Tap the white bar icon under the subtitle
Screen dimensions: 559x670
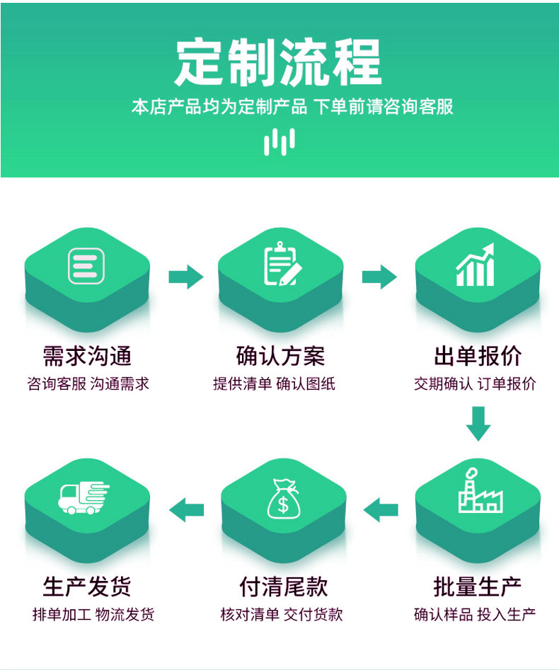[x=279, y=141]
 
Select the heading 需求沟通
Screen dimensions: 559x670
[x=87, y=356]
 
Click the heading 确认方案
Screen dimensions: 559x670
[x=280, y=356]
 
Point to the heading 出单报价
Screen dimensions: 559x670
[x=477, y=356]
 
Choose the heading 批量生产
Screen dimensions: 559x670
[x=477, y=587]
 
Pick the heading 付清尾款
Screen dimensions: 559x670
[x=283, y=587]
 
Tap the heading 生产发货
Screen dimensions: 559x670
[x=87, y=587]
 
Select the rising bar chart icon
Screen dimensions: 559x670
[x=476, y=265]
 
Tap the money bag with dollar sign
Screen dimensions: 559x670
[x=283, y=498]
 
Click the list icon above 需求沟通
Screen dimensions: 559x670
[x=86, y=266]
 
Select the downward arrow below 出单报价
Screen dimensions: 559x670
[x=478, y=423]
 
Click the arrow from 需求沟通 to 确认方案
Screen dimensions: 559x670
[x=185, y=276]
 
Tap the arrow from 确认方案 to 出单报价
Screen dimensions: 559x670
[x=379, y=276]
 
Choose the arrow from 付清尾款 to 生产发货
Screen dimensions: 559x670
[x=187, y=508]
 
